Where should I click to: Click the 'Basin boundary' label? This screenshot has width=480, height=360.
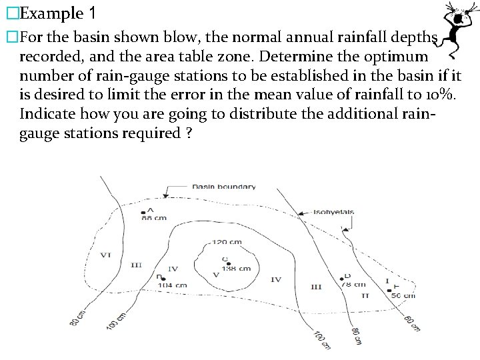pos(223,187)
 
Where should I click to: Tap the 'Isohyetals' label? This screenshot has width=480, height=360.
pos(334,212)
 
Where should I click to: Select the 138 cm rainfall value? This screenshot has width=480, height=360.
pos(236,269)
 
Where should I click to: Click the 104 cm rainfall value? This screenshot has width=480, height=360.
pos(172,285)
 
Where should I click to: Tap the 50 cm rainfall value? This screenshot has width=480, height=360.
pos(403,295)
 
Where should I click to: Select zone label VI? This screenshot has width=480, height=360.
pos(105,255)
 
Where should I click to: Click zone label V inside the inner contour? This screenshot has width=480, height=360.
pos(215,275)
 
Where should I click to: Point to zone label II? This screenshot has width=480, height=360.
pos(365,294)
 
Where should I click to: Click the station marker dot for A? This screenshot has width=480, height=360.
pos(143,213)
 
